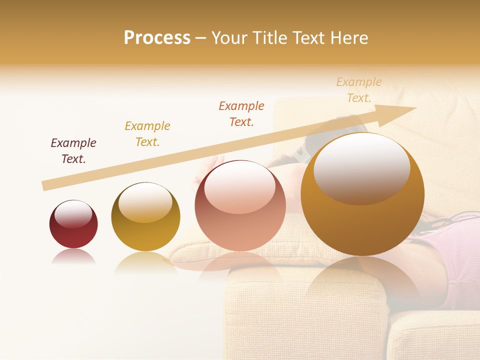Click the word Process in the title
[x=157, y=38]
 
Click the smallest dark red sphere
[x=73, y=224]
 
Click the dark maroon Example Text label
[x=73, y=151]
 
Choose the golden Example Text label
[x=147, y=134]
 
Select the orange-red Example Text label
[x=241, y=114]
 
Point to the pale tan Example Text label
[x=359, y=90]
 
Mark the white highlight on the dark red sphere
[x=73, y=214]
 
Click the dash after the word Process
[x=200, y=38]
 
